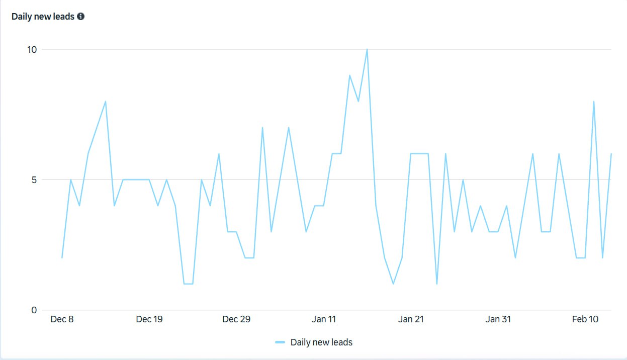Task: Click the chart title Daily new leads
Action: click(43, 17)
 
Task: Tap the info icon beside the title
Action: click(81, 17)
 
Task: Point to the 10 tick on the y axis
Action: click(32, 49)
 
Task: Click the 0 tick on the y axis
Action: click(34, 310)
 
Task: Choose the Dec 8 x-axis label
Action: click(62, 319)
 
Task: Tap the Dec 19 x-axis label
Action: click(149, 319)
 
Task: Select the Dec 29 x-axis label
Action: click(236, 319)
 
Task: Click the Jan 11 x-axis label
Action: click(324, 319)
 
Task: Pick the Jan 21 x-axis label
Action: click(411, 319)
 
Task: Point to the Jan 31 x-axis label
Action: click(498, 319)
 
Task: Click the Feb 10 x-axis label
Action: click(585, 319)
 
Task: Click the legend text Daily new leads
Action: click(321, 342)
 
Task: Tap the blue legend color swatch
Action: click(280, 342)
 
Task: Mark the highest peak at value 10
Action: click(367, 49)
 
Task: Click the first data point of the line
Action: click(62, 258)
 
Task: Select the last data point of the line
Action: click(611, 154)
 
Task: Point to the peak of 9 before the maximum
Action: click(349, 75)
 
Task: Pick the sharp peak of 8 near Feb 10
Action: click(594, 102)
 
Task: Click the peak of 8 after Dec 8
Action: click(106, 102)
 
